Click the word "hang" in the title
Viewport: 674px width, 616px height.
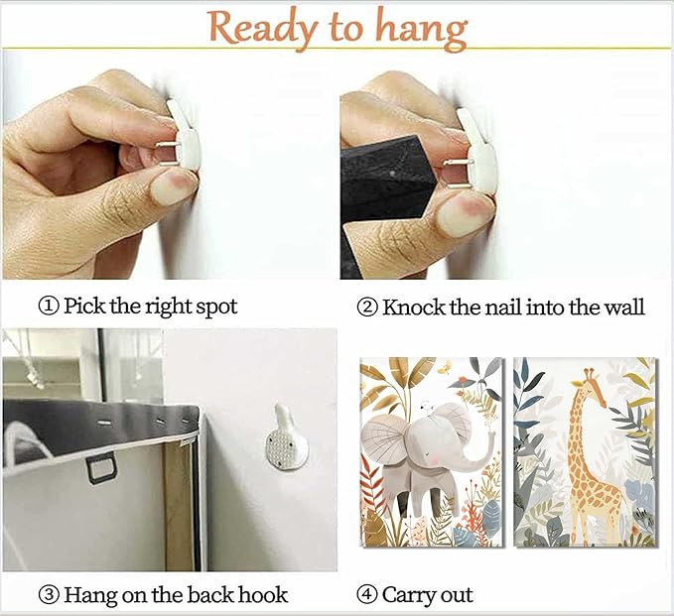pos(421,29)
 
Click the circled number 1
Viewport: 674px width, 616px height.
pos(49,307)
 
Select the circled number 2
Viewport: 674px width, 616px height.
pos(367,308)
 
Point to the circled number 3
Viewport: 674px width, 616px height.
pos(49,595)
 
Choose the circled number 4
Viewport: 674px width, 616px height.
pos(367,595)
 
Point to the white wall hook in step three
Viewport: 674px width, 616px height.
pos(286,439)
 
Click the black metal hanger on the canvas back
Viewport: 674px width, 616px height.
pos(101,468)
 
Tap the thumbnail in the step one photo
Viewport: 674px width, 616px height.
pos(171,189)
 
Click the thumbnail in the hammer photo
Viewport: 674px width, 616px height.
pos(460,216)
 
